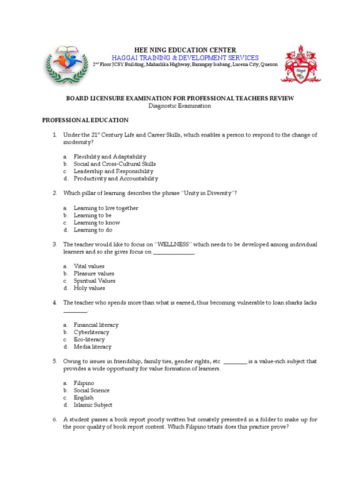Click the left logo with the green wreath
tap(66, 64)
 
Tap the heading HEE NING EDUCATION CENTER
tap(185, 50)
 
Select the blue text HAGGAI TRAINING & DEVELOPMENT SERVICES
tap(185, 57)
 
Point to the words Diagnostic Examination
tap(180, 106)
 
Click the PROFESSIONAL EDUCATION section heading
tap(85, 120)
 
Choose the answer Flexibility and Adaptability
tap(110, 157)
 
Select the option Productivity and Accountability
tap(116, 179)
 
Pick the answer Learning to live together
tap(106, 208)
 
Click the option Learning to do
tap(93, 230)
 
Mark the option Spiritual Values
tap(94, 281)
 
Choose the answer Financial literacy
tap(96, 325)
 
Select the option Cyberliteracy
tap(91, 332)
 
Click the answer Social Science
tap(91, 390)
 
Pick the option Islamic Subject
tap(93, 405)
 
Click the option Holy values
tap(89, 288)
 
